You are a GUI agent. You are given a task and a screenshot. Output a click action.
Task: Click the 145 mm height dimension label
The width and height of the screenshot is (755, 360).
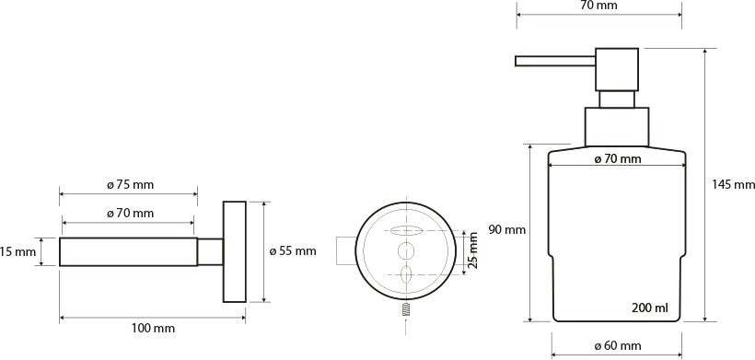point(733,184)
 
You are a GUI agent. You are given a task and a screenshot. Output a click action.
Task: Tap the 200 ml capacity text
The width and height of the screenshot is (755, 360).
point(649,308)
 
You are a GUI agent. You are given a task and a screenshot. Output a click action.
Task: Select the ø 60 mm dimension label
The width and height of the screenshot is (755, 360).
point(618,345)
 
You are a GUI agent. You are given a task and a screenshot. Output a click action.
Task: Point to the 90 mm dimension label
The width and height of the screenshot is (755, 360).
point(507,229)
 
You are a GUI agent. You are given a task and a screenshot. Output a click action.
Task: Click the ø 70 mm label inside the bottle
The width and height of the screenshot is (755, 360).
point(618,158)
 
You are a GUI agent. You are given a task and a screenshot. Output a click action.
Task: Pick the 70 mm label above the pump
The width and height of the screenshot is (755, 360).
point(599,6)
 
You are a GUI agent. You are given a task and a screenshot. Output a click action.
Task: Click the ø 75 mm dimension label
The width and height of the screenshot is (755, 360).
point(130,184)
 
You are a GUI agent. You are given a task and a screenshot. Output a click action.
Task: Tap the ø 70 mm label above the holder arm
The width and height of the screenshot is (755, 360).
point(130,213)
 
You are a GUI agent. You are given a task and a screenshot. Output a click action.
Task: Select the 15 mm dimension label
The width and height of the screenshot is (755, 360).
point(18,250)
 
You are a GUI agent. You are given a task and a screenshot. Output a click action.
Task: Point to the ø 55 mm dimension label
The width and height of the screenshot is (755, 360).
point(293,250)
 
